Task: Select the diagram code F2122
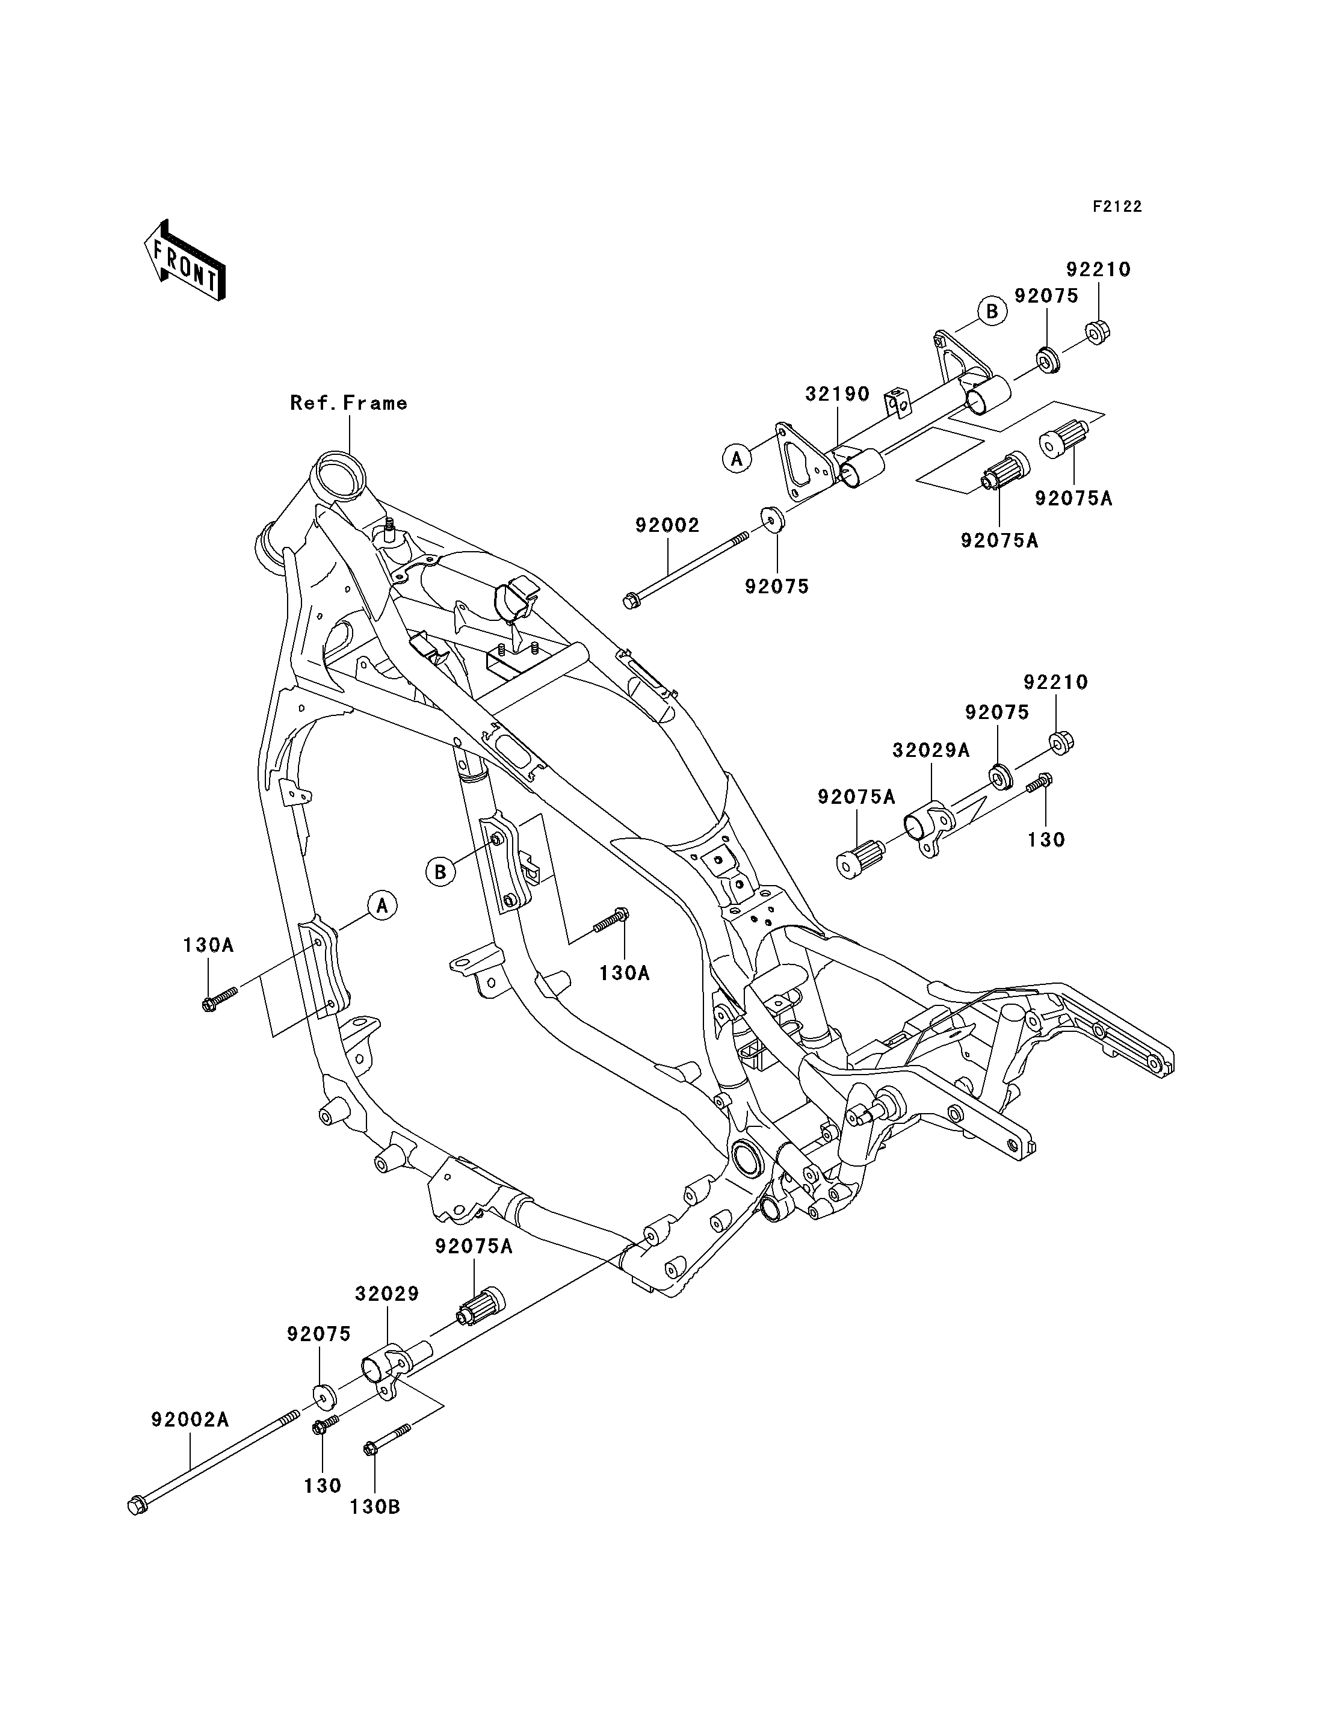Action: click(1117, 206)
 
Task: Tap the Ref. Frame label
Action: click(348, 403)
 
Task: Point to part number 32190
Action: click(838, 394)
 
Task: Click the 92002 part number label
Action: click(667, 525)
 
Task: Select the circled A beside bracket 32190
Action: click(737, 458)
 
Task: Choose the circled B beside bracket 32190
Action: click(992, 312)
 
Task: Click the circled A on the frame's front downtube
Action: click(381, 906)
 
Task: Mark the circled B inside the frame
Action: click(440, 872)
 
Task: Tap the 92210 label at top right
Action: click(1098, 270)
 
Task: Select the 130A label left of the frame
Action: click(209, 945)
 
